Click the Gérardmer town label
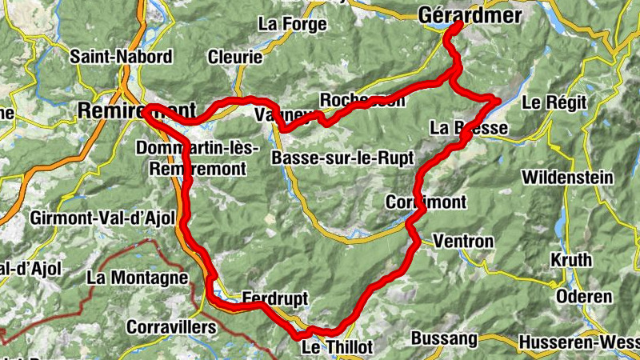[x=470, y=15]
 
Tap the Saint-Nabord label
[x=121, y=57]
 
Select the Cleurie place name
[x=234, y=58]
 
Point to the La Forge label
[x=292, y=24]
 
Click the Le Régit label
[x=554, y=102]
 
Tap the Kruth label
[x=571, y=260]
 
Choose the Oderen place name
[x=583, y=296]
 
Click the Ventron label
[x=463, y=241]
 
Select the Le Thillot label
[x=337, y=347]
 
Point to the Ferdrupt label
[x=274, y=298]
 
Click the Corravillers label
[x=171, y=328]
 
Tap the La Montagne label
[x=138, y=278]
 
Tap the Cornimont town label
[x=425, y=201]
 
